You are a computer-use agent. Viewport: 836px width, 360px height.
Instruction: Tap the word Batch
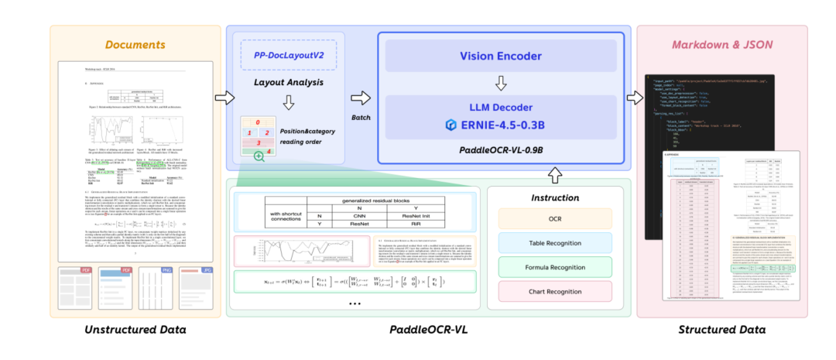click(360, 117)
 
